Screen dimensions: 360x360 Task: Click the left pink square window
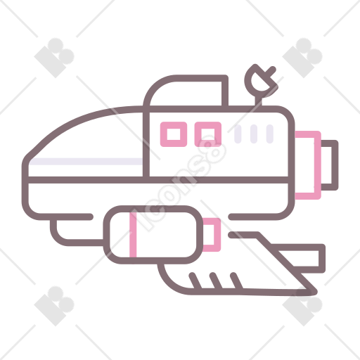[174, 124]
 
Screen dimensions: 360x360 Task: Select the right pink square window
[208, 124]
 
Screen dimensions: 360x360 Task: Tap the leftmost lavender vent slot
[238, 134]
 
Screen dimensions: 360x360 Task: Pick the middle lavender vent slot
[254, 134]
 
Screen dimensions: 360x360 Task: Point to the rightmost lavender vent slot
[270, 134]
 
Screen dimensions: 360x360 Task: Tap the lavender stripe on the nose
[86, 161]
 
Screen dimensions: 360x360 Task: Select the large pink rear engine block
[318, 165]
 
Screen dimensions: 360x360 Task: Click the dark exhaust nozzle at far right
[335, 165]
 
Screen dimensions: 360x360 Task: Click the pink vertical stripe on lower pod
[133, 234]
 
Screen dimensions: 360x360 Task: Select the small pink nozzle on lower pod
[217, 235]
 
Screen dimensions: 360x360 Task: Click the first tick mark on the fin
[195, 281]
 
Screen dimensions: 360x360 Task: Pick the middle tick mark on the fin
[216, 281]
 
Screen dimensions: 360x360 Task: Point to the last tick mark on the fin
[236, 281]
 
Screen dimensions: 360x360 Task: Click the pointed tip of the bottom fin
[316, 292]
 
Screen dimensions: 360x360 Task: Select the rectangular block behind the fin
[322, 258]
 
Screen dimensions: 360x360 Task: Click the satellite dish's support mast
[258, 101]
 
